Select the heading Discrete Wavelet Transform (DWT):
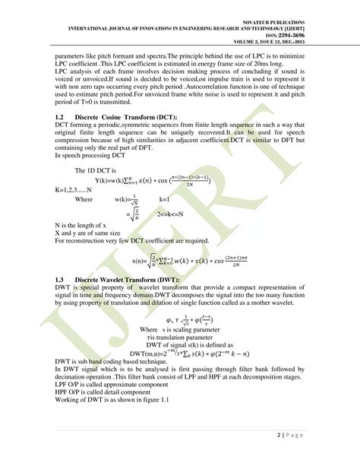(x=131, y=280)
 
